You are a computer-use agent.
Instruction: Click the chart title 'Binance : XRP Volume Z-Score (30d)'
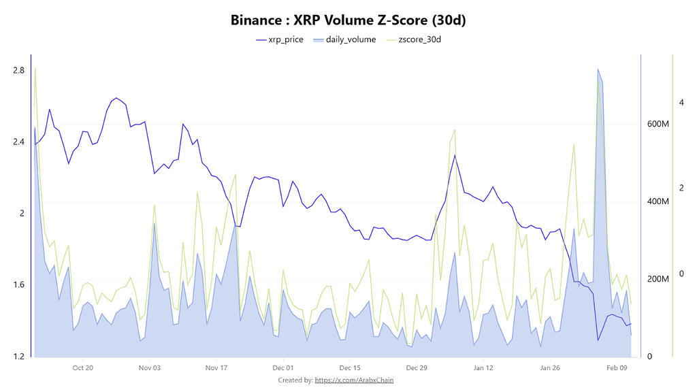pos(348,20)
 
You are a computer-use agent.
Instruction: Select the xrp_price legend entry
pos(279,39)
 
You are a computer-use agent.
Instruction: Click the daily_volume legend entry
pos(344,39)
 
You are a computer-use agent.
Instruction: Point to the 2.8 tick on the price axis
pos(18,70)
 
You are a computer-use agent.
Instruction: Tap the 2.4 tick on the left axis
pos(18,142)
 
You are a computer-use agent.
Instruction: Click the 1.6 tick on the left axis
pos(18,284)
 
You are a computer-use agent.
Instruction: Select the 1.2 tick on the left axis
pos(18,356)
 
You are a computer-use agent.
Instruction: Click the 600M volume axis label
pos(658,124)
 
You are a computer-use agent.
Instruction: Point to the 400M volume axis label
pos(658,201)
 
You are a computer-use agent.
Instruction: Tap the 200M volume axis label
pos(658,279)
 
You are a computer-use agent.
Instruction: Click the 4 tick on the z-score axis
pos(681,102)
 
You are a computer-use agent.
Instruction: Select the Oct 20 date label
pos(82,367)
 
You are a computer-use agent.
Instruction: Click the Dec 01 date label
pos(282,367)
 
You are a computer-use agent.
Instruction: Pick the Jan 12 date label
pos(483,367)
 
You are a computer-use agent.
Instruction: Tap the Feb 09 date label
pos(616,367)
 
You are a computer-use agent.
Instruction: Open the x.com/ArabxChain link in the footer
pos(354,380)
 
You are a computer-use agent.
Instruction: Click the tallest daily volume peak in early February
pos(598,69)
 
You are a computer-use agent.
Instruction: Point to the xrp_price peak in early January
pos(455,155)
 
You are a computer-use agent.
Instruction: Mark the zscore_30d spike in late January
pos(574,144)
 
